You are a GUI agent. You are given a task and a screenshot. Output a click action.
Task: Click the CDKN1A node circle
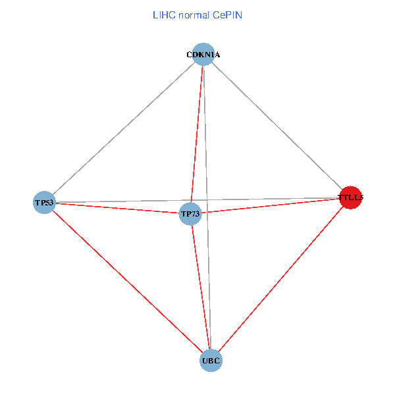[203, 55]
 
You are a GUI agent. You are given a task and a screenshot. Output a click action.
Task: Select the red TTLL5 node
[351, 197]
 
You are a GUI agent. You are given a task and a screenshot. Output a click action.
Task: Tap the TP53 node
[44, 202]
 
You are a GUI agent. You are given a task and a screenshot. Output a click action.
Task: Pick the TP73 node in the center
[190, 214]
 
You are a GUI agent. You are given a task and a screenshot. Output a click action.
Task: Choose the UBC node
[211, 361]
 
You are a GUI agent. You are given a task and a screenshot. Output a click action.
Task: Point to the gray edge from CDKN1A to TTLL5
[277, 126]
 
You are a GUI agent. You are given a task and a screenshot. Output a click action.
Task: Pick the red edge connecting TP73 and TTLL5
[270, 205]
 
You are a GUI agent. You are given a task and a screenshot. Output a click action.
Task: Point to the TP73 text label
[190, 214]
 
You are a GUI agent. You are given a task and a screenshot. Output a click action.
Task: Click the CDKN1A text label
[203, 55]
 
